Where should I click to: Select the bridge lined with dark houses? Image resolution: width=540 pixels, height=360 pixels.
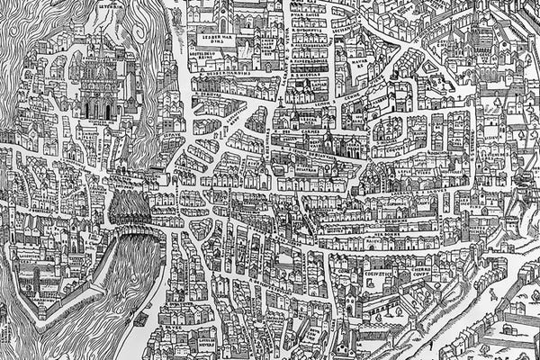tap(130, 211)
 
